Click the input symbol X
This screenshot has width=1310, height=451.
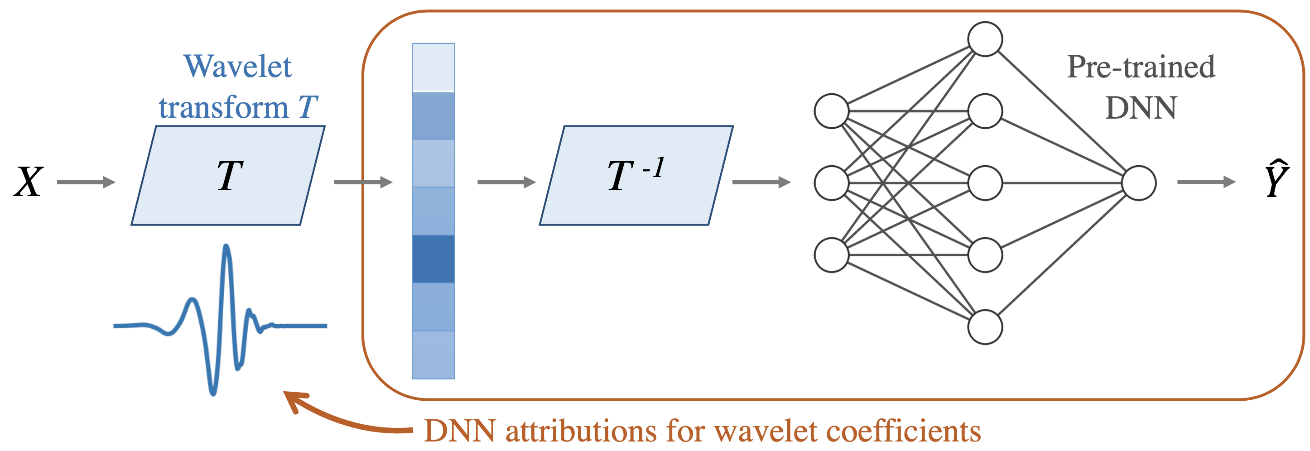[x=29, y=182]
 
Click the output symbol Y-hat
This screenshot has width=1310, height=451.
[x=1277, y=178]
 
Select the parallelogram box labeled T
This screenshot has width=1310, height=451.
[x=228, y=175]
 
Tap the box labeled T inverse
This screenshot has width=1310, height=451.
[x=636, y=175]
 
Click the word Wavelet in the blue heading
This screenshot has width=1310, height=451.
[x=238, y=67]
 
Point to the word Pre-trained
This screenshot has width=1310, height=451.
[x=1141, y=67]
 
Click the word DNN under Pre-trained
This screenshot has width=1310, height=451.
[x=1141, y=108]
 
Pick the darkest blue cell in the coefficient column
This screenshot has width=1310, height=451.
[x=433, y=259]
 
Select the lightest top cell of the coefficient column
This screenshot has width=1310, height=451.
[x=433, y=67]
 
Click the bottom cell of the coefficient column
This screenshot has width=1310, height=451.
[x=433, y=355]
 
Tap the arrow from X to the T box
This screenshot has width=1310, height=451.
[x=87, y=182]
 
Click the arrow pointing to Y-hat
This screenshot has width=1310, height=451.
[x=1206, y=182]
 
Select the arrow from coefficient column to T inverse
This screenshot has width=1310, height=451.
[x=507, y=182]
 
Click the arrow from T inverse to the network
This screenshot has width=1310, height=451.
[x=762, y=182]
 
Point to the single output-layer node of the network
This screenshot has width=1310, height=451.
[x=1139, y=183]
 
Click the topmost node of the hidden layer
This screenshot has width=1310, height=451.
[x=985, y=39]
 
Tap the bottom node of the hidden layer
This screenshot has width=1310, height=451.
[x=985, y=327]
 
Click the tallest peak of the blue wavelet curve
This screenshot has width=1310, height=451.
[x=226, y=247]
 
